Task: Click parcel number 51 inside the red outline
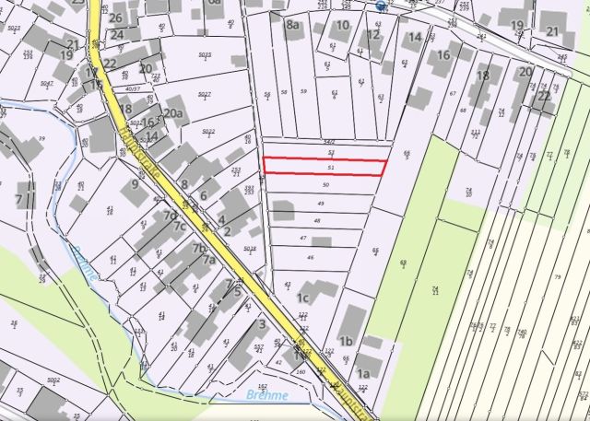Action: tap(330, 168)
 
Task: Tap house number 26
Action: tap(115, 18)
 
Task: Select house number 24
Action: tap(117, 35)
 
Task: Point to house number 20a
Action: tap(173, 113)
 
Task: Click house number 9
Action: tap(135, 183)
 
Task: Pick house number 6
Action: tap(203, 195)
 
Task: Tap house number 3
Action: tap(262, 323)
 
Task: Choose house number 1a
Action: tap(363, 374)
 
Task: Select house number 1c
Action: tap(301, 298)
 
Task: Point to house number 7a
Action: tap(208, 260)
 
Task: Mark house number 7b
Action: tap(198, 248)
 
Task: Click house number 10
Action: tap(342, 25)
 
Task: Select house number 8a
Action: tap(293, 25)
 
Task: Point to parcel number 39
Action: tap(41, 139)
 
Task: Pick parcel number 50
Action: tap(325, 185)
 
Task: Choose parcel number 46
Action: tap(311, 257)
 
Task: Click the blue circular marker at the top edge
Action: tap(381, 5)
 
